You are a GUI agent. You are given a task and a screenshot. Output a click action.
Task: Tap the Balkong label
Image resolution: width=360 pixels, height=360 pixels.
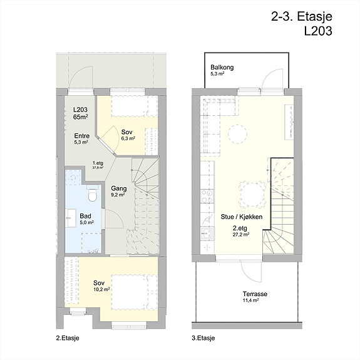point(222,67)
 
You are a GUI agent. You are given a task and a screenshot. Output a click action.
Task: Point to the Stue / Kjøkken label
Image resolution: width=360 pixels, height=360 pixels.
point(242,217)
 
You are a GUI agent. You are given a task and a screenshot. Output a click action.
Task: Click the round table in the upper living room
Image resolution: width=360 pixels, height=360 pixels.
point(238,135)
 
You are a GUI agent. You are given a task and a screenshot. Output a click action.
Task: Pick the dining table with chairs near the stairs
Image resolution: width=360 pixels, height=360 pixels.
point(252,194)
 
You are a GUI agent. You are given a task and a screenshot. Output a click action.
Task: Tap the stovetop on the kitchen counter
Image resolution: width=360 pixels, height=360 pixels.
point(207,197)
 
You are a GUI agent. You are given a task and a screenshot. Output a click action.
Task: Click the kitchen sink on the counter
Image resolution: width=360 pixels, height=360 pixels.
point(207,234)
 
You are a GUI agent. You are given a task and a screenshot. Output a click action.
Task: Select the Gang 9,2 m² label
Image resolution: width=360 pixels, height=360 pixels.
point(118,191)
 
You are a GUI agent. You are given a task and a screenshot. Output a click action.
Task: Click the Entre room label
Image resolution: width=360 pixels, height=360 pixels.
point(82,136)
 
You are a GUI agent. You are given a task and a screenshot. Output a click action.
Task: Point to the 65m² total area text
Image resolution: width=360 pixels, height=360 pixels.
point(81,116)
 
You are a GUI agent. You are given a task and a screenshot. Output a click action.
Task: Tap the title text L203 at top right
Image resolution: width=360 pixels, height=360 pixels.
point(318,31)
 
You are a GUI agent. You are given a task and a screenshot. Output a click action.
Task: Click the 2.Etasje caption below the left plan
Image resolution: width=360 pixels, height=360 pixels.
point(68,338)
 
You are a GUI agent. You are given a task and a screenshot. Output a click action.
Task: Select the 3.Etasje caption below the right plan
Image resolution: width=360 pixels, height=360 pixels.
point(203,338)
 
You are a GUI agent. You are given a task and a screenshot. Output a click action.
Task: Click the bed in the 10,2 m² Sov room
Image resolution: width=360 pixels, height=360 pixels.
point(135,292)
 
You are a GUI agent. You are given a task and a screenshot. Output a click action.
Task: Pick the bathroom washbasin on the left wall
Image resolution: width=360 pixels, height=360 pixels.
point(71,218)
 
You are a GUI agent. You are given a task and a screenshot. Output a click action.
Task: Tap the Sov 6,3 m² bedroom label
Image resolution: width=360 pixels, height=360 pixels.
point(128,135)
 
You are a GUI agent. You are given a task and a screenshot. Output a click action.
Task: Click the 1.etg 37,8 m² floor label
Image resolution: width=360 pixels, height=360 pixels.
point(98,165)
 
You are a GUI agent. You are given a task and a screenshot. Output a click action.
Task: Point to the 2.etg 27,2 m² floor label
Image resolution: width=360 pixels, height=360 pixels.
point(241,231)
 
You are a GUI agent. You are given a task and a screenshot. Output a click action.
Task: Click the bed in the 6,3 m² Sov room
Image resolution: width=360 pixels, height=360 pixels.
point(135,106)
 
